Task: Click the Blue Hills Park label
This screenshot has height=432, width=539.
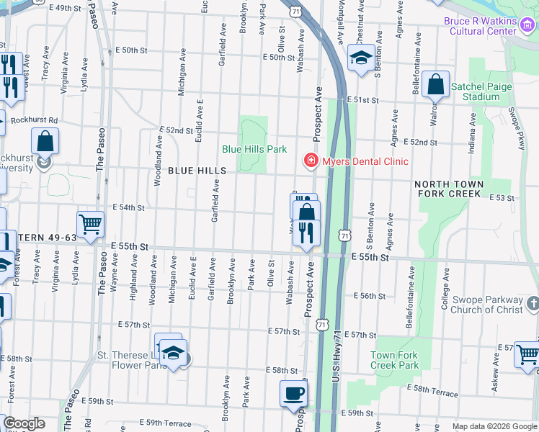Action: tap(254, 149)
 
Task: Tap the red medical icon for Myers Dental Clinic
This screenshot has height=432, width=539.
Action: tap(311, 160)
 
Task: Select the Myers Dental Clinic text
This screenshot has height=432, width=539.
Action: tap(365, 161)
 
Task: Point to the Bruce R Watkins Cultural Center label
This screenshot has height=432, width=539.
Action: tap(481, 26)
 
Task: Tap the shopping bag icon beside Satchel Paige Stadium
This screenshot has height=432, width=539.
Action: tap(436, 84)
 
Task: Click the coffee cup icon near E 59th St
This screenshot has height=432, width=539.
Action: tap(293, 394)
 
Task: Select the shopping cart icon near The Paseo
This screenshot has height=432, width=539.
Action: tap(91, 225)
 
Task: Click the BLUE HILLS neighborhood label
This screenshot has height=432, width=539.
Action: tap(197, 171)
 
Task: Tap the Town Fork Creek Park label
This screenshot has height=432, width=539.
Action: tap(394, 360)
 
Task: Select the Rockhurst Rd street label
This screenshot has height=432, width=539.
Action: tap(33, 120)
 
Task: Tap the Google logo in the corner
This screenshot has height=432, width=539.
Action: tap(24, 424)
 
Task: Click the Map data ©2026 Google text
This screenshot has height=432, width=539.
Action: tap(494, 426)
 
